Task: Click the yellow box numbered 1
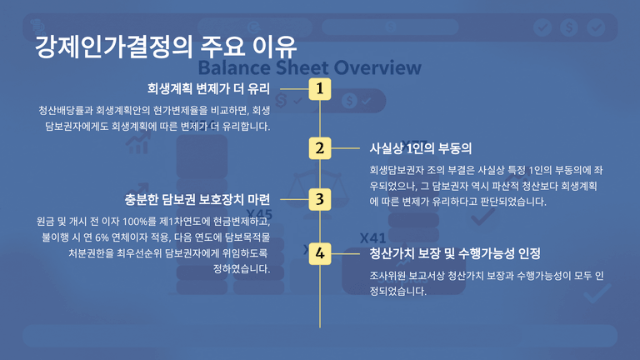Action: click(x=320, y=88)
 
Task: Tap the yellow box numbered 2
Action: click(x=320, y=148)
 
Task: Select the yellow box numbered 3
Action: click(x=320, y=200)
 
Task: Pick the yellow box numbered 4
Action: click(x=320, y=253)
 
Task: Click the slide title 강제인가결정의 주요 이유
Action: click(x=165, y=47)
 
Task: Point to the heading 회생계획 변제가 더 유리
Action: click(x=208, y=88)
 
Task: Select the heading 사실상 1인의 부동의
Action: click(x=420, y=148)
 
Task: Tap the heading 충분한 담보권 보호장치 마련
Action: click(x=197, y=200)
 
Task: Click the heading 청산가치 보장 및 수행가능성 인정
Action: click(x=455, y=253)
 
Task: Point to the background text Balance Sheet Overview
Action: click(x=309, y=67)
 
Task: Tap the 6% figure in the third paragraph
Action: click(x=102, y=237)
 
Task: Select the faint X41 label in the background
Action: click(x=372, y=238)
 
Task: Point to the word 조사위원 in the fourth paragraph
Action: click(x=386, y=276)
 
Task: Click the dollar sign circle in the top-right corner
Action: click(x=569, y=27)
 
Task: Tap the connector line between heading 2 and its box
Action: click(x=345, y=148)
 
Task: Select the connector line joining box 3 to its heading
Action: click(x=295, y=200)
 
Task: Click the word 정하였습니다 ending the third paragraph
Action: click(x=242, y=269)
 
